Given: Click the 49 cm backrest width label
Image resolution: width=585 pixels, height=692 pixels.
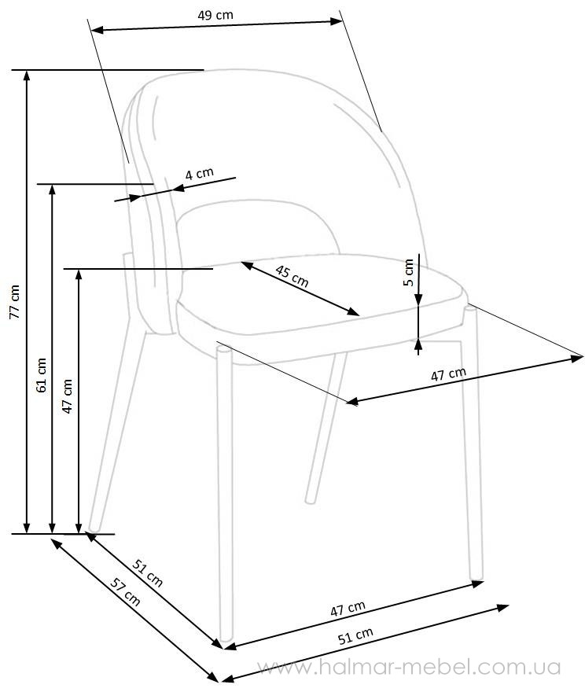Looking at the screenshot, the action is click(x=215, y=15).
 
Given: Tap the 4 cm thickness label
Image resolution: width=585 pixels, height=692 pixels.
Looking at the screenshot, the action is click(x=200, y=174).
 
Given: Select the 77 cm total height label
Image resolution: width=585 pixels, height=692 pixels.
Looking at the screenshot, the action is click(x=15, y=302).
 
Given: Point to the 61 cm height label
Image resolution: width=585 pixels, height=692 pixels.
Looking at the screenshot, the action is click(x=41, y=375).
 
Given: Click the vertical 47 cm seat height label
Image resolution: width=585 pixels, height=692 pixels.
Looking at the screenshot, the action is click(x=67, y=396).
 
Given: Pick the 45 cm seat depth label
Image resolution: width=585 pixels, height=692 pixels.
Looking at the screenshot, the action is click(x=292, y=276).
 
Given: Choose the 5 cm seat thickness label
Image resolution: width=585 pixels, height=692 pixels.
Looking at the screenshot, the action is click(x=409, y=272).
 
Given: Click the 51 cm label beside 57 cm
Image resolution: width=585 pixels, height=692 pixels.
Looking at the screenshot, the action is click(x=148, y=572).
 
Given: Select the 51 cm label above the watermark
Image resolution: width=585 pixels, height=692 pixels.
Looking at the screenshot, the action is click(x=355, y=636).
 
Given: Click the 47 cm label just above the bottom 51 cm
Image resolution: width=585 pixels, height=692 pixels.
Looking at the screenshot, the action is click(x=348, y=608).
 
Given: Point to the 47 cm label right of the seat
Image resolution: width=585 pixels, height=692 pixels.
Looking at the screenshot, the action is click(x=448, y=374).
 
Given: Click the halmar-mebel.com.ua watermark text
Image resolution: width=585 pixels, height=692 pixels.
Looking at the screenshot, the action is click(x=409, y=668).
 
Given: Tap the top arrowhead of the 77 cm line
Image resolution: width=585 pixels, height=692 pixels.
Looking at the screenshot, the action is click(x=27, y=75).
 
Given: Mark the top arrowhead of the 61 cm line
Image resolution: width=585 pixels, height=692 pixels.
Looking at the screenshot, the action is click(x=52, y=190).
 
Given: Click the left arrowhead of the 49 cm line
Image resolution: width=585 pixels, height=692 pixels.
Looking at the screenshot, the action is click(x=97, y=30).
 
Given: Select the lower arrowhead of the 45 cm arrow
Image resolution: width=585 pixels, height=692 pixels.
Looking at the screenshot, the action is click(x=353, y=312).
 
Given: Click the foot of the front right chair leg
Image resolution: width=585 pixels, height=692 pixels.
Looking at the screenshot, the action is click(x=476, y=576).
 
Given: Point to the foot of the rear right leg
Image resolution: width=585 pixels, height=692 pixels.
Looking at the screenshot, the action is click(x=311, y=499).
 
